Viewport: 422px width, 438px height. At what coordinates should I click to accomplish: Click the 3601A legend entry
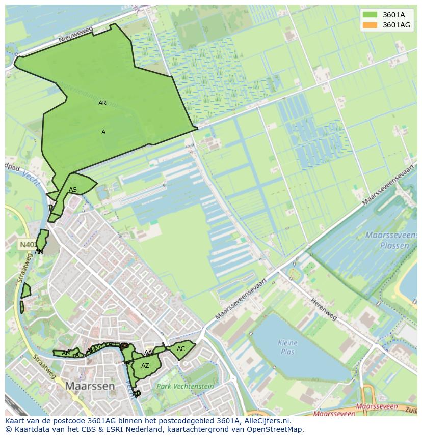point(393,15)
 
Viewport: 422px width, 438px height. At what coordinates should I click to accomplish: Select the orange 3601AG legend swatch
point(371,25)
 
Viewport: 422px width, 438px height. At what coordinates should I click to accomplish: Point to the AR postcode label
point(102,103)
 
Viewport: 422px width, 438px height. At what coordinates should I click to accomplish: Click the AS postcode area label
point(73,190)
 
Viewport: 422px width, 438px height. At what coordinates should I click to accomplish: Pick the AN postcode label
point(39,251)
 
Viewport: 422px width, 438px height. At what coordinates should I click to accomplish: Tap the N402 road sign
point(26,245)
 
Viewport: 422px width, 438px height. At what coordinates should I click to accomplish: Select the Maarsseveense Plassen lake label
point(387,240)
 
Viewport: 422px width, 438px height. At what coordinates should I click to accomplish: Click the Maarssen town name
point(90,386)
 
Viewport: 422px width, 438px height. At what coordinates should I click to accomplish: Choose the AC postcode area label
point(181,349)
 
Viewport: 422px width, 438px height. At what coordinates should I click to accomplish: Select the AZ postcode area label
point(145,366)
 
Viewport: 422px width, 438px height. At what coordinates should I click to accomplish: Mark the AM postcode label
point(66,353)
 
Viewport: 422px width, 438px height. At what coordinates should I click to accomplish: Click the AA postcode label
point(148,353)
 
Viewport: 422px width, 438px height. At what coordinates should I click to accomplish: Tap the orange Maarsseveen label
point(377,406)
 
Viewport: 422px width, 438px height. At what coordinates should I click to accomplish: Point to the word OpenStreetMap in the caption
point(275,429)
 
